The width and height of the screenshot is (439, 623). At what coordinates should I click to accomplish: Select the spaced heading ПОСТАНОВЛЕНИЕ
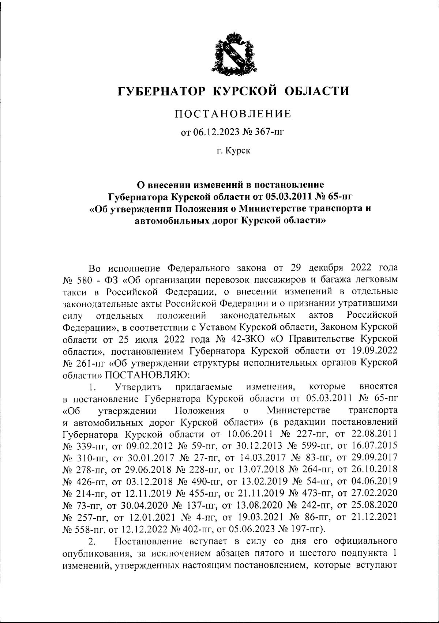(x=233, y=114)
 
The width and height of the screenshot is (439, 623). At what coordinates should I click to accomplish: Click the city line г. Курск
(x=233, y=150)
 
